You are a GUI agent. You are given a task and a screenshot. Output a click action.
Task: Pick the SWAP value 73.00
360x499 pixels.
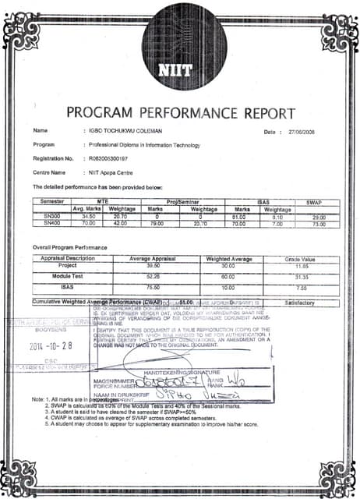(x=317, y=222)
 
